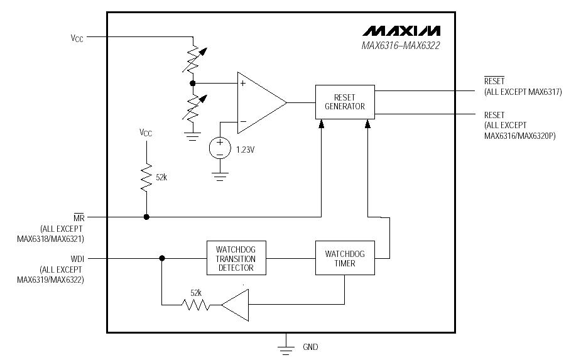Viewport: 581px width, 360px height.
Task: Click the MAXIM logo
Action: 401,31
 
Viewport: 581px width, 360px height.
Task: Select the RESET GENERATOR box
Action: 344,102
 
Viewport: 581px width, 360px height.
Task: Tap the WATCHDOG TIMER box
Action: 344,258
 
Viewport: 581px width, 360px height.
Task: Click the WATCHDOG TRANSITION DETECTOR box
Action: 236,258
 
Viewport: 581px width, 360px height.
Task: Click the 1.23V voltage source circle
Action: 220,148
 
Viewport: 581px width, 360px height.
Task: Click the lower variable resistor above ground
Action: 193,107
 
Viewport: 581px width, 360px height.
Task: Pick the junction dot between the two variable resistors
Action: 193,83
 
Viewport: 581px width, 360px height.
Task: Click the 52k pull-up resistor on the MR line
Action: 146,177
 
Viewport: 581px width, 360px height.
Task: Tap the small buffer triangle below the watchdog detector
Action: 237,305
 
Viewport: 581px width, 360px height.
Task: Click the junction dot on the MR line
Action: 146,217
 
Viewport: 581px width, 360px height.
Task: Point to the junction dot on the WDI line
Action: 162,258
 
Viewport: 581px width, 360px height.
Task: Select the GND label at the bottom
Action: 310,347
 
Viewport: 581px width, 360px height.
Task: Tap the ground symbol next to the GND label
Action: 286,346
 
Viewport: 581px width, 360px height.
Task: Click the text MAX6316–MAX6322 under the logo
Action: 400,46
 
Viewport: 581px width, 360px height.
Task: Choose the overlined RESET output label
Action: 494,82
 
